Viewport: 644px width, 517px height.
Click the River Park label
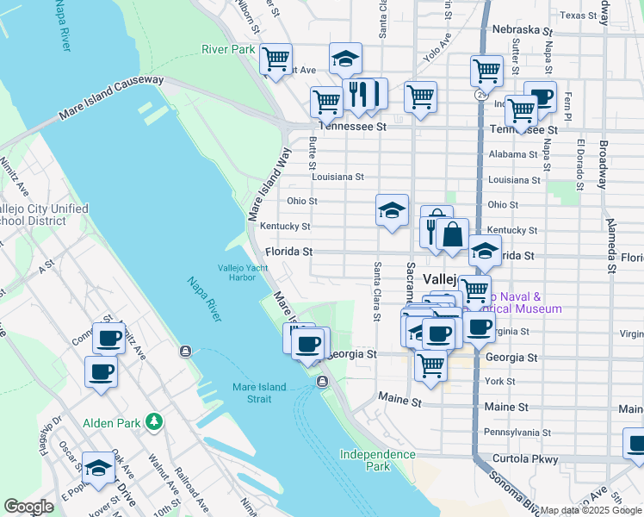[x=228, y=49]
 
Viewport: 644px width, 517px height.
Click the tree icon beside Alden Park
[x=154, y=421]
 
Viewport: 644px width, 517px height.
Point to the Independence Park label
[x=377, y=460]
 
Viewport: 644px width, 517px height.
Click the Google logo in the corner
[x=28, y=508]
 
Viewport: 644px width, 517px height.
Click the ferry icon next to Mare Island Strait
[x=323, y=381]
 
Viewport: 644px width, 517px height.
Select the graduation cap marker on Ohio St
[x=392, y=209]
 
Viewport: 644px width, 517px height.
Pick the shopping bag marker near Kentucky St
[x=452, y=234]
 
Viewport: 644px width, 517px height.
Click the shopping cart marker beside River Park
[x=276, y=59]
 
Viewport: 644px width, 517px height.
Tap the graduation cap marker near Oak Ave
[x=99, y=468]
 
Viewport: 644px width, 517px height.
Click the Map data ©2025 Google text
[x=591, y=510]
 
